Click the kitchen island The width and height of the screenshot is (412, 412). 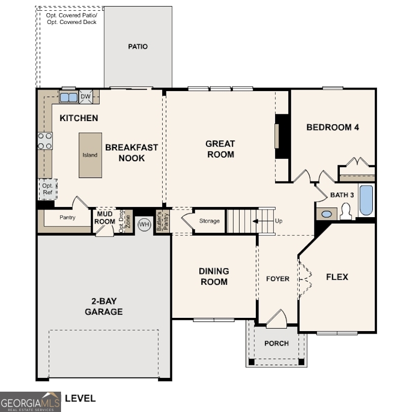[90, 155]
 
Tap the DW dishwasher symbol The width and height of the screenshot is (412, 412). [85, 97]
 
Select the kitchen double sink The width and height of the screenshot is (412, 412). [68, 97]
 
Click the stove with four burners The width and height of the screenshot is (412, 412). [45, 141]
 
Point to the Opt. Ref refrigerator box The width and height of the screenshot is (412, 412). [48, 189]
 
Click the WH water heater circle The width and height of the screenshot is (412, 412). [144, 224]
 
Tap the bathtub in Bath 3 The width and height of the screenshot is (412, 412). [366, 200]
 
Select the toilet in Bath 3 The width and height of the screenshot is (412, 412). [346, 212]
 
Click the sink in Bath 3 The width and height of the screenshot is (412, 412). [327, 214]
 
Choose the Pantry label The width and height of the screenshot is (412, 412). [67, 218]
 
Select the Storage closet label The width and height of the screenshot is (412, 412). [210, 221]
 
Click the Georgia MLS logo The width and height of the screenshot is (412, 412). [31, 401]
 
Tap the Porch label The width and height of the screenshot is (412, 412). [276, 343]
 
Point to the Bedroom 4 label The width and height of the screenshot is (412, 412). [333, 127]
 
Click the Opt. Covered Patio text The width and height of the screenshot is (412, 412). [71, 18]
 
